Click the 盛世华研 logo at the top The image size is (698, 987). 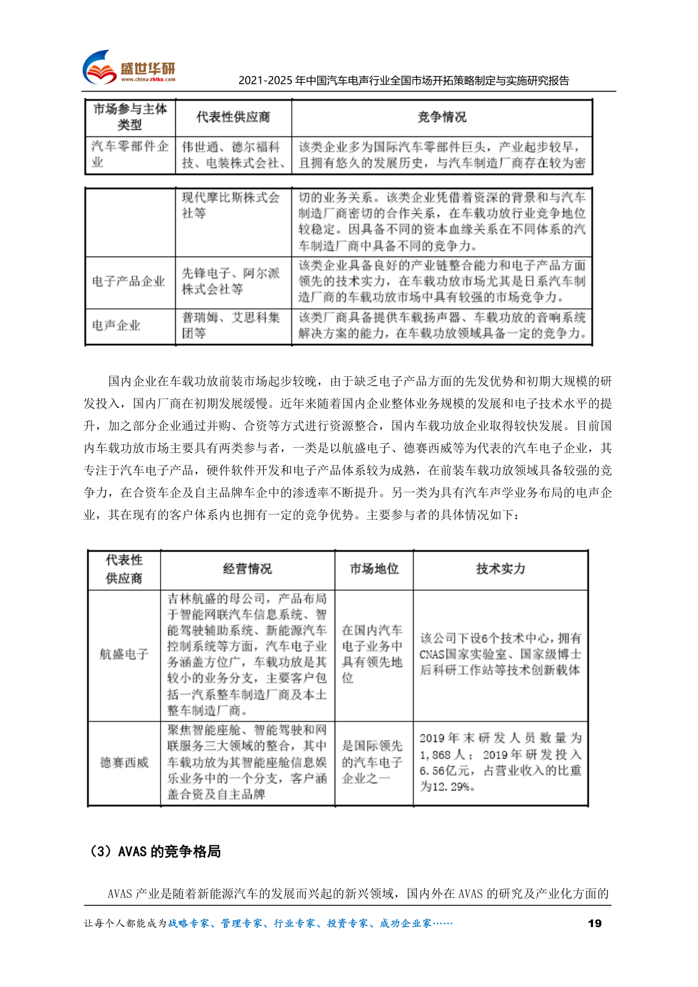click(x=130, y=68)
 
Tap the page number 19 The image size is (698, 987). click(x=594, y=923)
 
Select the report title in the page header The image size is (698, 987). click(x=404, y=81)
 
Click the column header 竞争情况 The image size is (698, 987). click(x=442, y=117)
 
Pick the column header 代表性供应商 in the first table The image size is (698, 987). click(x=233, y=117)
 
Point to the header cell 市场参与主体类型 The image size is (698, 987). click(x=130, y=117)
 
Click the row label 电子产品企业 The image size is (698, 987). click(x=129, y=281)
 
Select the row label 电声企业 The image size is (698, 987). click(x=117, y=325)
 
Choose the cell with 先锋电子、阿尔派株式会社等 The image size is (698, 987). click(x=230, y=281)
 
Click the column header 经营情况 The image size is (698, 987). click(x=247, y=569)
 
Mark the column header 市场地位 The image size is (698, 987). click(x=374, y=569)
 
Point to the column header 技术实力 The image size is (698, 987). click(x=500, y=569)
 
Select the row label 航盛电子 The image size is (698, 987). click(x=124, y=654)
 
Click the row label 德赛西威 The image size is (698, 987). click(x=124, y=763)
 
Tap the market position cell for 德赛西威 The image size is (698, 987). click(x=372, y=762)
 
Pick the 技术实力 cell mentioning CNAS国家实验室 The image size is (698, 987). click(x=500, y=654)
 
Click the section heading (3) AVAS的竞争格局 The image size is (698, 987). click(x=154, y=852)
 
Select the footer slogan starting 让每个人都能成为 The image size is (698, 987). click(x=268, y=924)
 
